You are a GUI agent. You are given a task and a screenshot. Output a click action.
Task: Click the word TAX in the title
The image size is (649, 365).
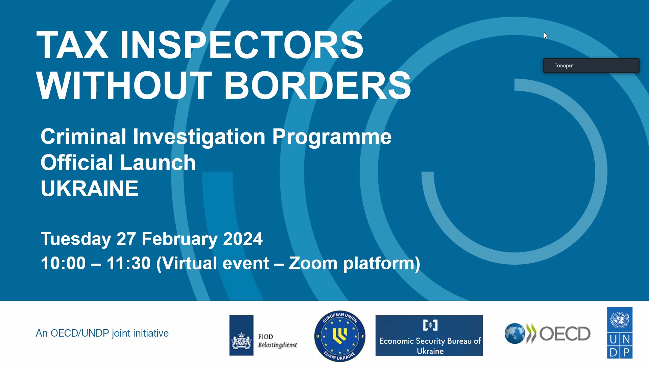pyautogui.click(x=72, y=45)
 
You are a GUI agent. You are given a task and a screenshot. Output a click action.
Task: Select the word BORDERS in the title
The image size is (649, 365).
pyautogui.click(x=317, y=85)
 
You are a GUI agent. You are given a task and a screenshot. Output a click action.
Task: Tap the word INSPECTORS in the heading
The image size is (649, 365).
pyautogui.click(x=242, y=45)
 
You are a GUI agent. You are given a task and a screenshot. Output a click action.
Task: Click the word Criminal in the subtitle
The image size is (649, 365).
pyautogui.click(x=83, y=137)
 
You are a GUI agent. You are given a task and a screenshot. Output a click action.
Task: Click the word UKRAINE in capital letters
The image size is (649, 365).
pyautogui.click(x=90, y=188)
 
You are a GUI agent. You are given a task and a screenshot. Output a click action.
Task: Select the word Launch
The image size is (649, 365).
pyautogui.click(x=158, y=163)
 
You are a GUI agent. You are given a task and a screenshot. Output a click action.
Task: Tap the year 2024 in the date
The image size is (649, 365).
pyautogui.click(x=243, y=239)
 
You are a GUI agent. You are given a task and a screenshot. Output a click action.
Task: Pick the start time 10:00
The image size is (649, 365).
pyautogui.click(x=63, y=263)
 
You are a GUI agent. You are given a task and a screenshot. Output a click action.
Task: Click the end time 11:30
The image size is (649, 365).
pyautogui.click(x=128, y=263)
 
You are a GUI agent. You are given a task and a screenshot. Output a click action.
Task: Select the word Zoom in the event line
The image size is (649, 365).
pyautogui.click(x=313, y=263)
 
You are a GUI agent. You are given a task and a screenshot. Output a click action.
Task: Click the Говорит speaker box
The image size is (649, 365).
pyautogui.click(x=591, y=66)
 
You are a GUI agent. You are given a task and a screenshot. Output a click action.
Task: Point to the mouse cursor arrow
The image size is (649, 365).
pyautogui.click(x=546, y=35)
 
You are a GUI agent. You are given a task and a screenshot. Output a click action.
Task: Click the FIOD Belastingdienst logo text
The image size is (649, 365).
pyautogui.click(x=278, y=341)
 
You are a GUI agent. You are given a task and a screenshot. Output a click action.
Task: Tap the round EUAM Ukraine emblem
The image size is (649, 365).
pyautogui.click(x=340, y=336)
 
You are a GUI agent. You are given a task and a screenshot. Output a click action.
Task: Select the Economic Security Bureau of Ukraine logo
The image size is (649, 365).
pyautogui.click(x=429, y=336)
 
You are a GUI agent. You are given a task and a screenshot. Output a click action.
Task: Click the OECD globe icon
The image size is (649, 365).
pyautogui.click(x=515, y=334)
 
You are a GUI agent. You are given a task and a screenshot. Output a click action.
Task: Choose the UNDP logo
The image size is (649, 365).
pyautogui.click(x=620, y=333)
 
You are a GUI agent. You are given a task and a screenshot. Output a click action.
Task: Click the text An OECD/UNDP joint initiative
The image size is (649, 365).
pyautogui.click(x=102, y=333)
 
